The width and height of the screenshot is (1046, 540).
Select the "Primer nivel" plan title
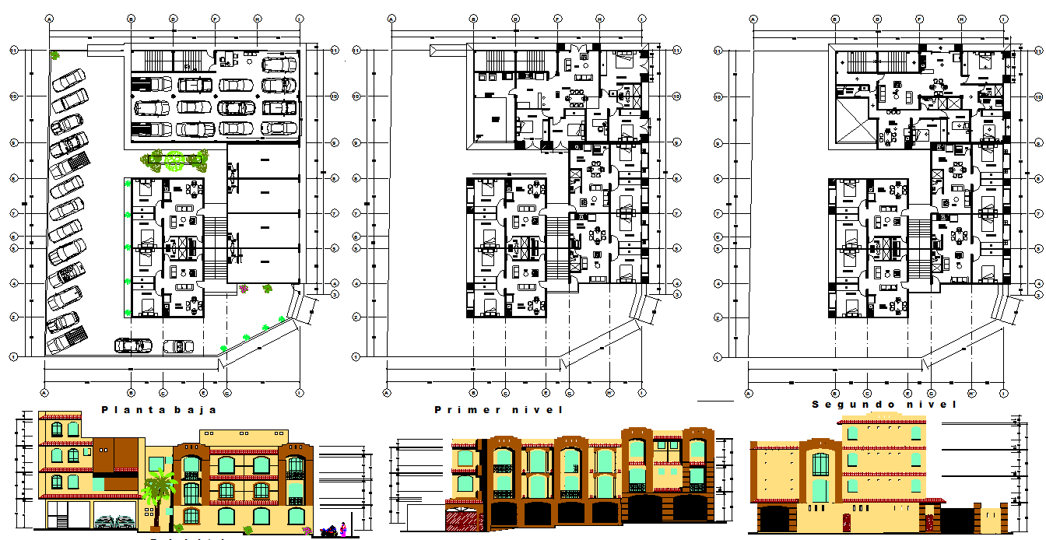(498, 409)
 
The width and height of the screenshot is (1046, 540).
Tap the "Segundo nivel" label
(884, 405)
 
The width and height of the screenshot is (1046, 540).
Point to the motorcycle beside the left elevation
(329, 531)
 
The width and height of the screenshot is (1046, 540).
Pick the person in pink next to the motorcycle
(343, 528)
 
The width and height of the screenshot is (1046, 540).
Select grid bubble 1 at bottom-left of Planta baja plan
(14, 356)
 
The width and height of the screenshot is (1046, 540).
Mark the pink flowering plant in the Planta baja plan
(244, 289)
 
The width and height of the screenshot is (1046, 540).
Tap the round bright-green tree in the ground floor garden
(175, 160)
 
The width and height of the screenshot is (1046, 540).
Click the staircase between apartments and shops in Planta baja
(214, 248)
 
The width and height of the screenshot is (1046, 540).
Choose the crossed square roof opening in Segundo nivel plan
(854, 124)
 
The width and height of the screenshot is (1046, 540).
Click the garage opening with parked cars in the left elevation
(114, 515)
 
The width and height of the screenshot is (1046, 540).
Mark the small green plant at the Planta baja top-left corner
(54, 55)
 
